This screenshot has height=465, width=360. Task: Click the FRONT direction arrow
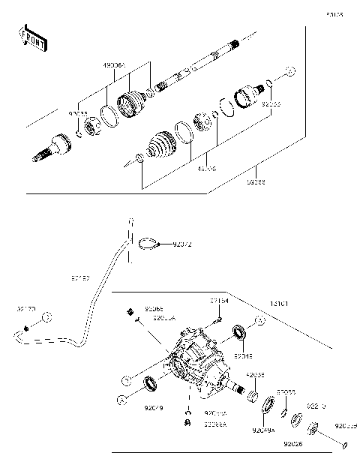point(31,38)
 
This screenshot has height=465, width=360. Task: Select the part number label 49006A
point(115,67)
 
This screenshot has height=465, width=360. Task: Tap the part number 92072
point(182,244)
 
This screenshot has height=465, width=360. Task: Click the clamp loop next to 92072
point(149,242)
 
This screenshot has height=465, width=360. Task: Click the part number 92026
point(293,445)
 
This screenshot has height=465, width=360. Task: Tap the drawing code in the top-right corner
point(334,13)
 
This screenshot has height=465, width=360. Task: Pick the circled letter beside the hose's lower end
point(46,318)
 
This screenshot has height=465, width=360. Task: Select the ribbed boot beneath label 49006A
point(134,103)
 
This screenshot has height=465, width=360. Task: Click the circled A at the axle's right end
point(292,71)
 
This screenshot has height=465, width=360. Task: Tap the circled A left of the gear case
point(128,381)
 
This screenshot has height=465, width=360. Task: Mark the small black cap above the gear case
point(128,310)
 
